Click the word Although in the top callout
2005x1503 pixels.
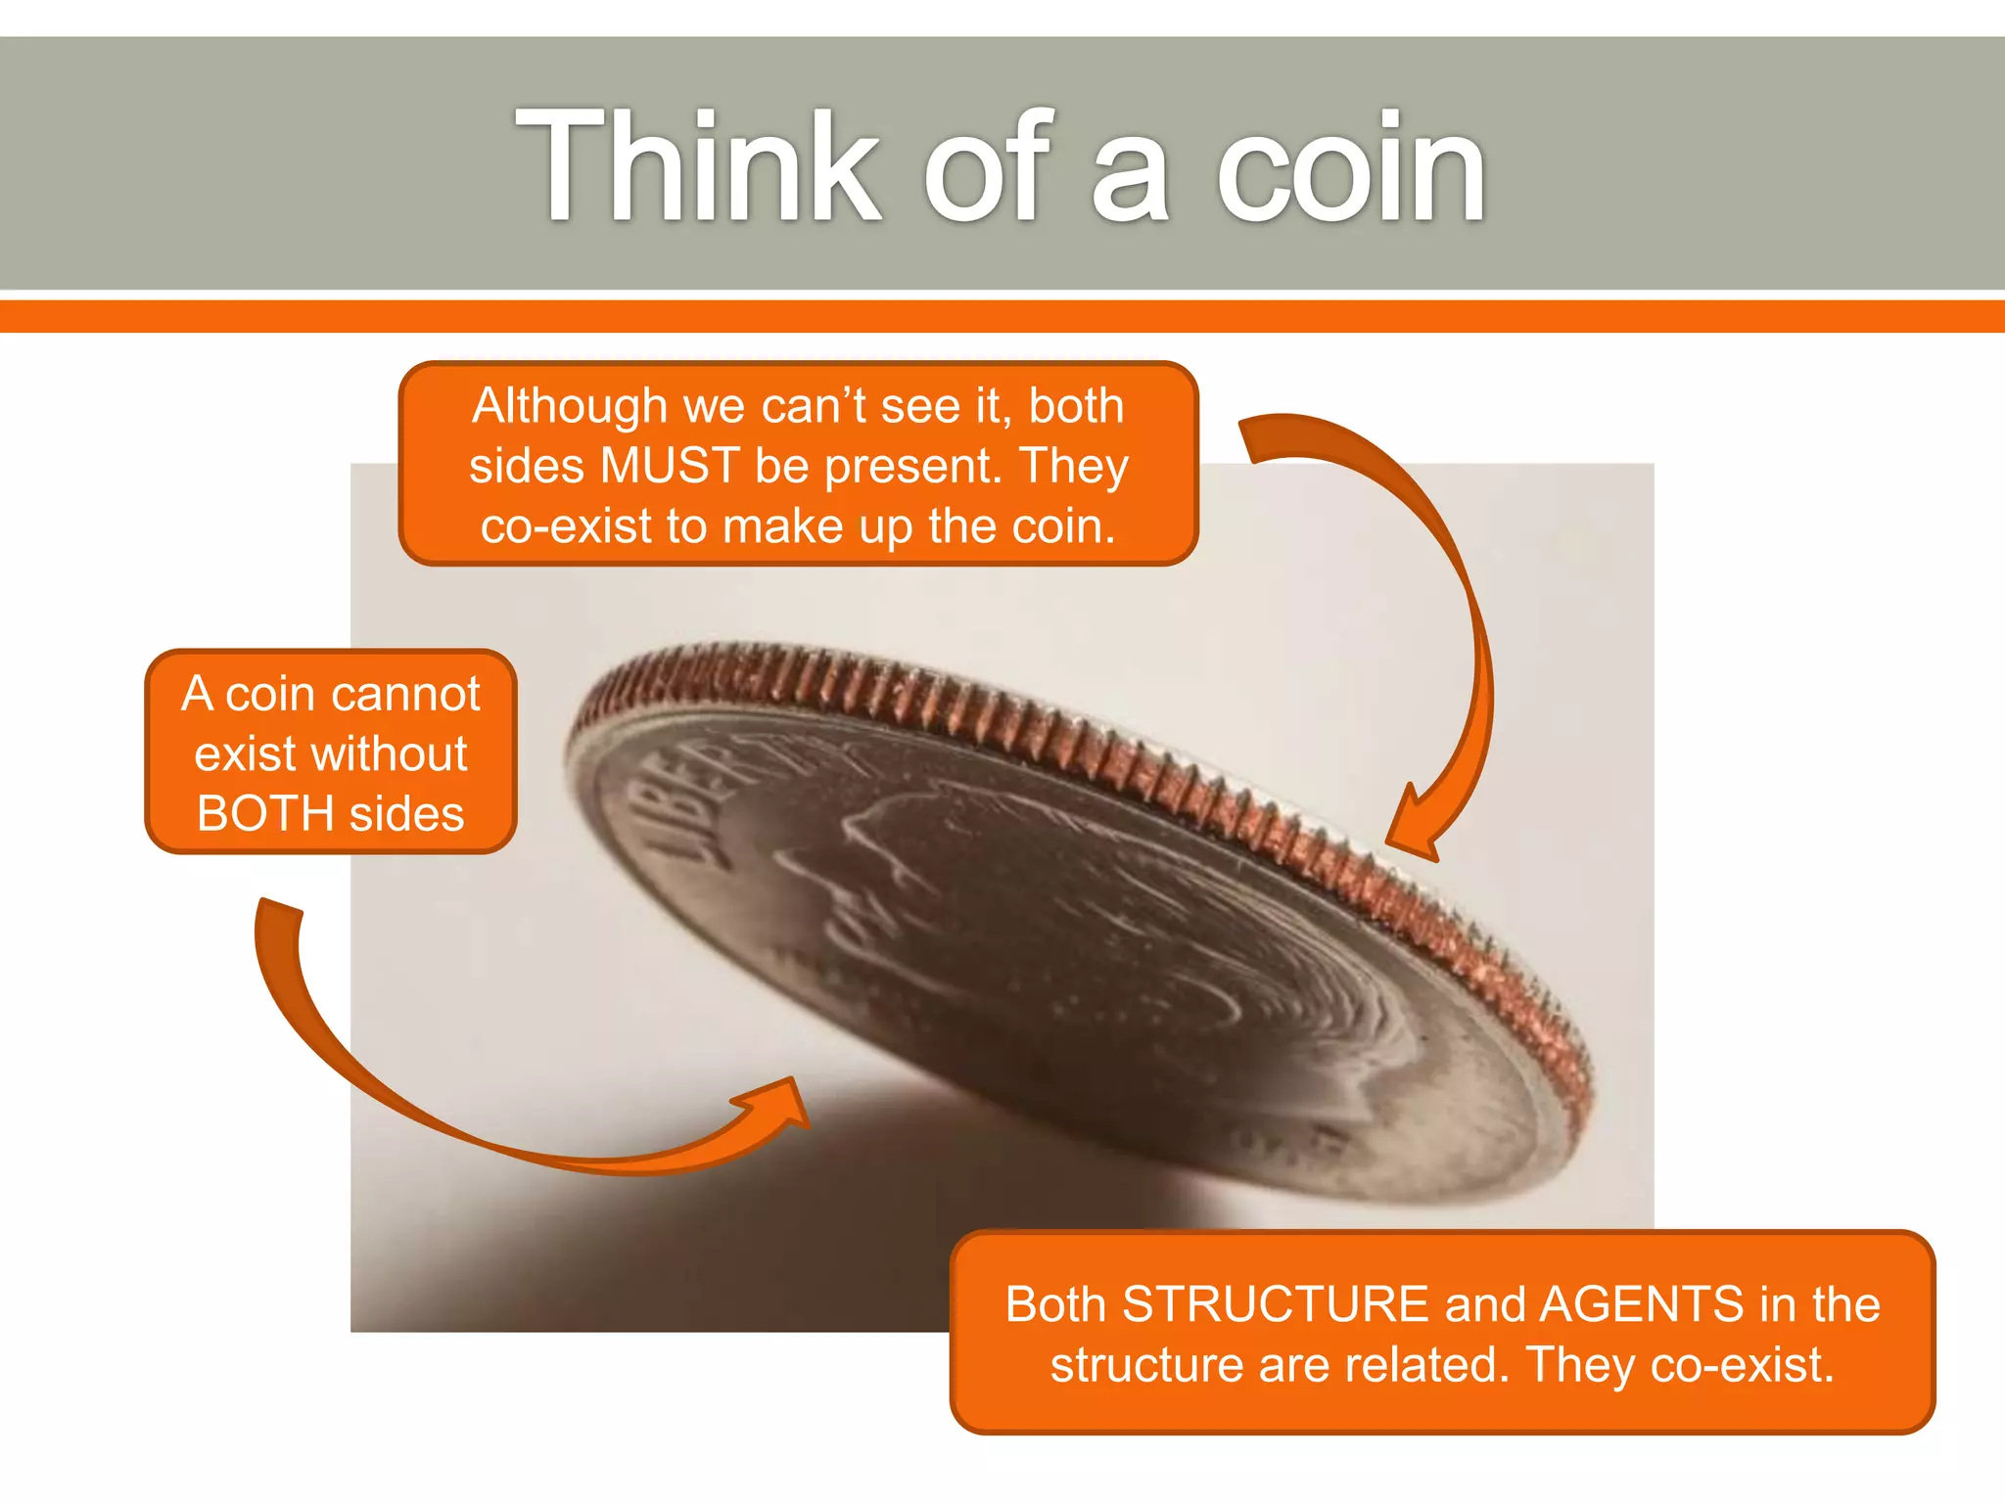coord(569,405)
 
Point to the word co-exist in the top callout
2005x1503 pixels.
coord(566,526)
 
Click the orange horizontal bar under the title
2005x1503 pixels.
coord(1002,316)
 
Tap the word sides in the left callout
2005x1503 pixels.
coord(406,814)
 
